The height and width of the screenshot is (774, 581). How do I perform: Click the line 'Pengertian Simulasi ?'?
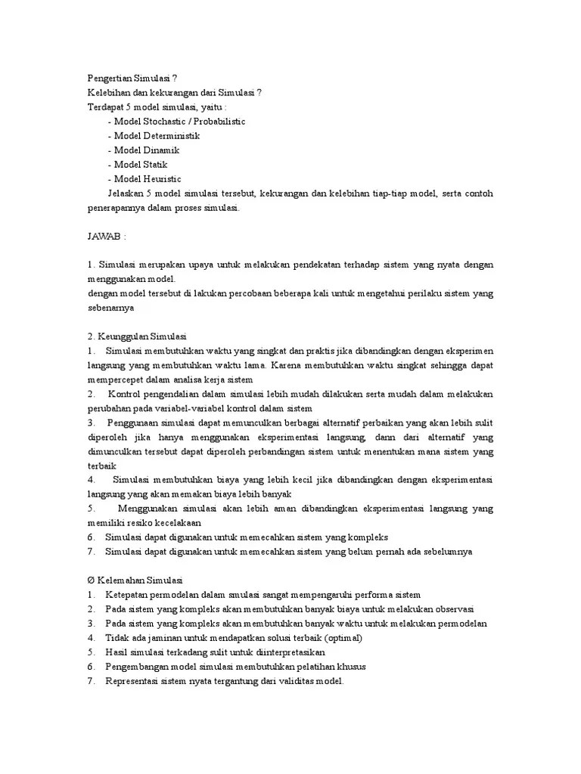click(x=133, y=78)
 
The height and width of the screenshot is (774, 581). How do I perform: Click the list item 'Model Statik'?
click(x=138, y=164)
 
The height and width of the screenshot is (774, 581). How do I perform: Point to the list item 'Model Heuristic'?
click(x=144, y=178)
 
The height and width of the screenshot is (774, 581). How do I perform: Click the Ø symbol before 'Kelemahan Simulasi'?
click(x=90, y=580)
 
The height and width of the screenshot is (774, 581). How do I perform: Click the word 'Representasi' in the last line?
click(x=133, y=681)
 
